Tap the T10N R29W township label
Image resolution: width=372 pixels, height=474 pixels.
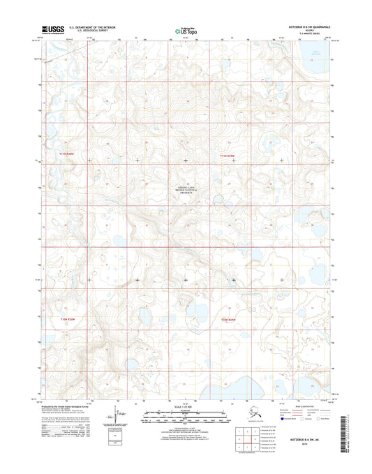pyautogui.click(x=229, y=320)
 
